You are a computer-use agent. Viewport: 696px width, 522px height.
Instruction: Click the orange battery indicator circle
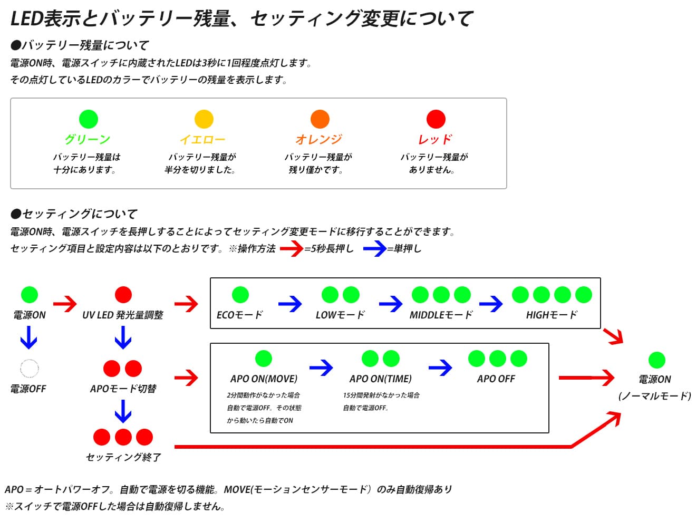(320, 119)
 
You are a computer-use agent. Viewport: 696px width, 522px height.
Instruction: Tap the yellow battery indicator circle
(204, 119)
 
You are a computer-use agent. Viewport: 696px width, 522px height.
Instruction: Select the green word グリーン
(87, 139)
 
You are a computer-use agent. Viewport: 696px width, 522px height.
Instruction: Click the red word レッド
(434, 139)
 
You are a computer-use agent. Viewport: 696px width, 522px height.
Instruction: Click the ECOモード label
(240, 315)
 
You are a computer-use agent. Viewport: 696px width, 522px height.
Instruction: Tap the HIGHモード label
(552, 315)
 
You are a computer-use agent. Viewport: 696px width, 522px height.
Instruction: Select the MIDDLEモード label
(441, 315)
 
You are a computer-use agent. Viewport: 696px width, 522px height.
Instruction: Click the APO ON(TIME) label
(380, 379)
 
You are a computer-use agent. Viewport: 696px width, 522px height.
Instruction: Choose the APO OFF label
(496, 379)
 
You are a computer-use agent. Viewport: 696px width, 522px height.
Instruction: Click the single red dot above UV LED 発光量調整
(123, 294)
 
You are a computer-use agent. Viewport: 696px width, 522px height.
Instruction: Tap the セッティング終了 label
(123, 457)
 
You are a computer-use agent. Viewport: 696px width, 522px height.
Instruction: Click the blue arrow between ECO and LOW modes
(289, 304)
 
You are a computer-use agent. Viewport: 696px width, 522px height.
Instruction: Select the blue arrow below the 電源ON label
(28, 337)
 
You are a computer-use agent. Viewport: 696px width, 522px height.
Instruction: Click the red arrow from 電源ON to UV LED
(65, 304)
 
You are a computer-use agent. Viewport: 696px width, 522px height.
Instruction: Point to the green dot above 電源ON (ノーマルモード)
(656, 360)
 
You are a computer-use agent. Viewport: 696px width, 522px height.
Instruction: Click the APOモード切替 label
(123, 388)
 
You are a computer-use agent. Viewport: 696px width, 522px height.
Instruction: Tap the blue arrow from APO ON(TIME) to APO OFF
(440, 368)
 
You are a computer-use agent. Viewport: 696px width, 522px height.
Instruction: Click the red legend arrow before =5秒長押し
(292, 248)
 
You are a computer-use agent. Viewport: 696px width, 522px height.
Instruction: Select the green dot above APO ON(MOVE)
(263, 358)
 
